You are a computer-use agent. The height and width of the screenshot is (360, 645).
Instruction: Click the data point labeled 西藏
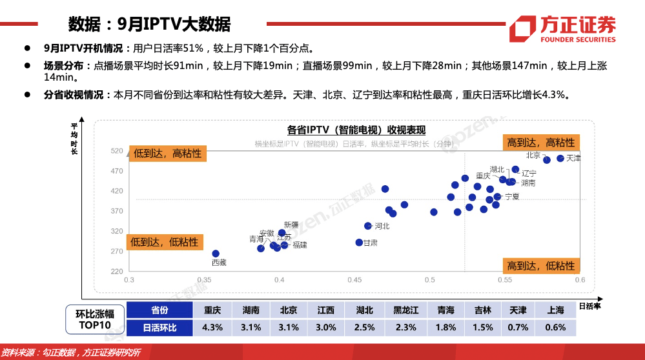(216, 254)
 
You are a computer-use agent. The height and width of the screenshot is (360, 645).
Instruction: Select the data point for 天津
(560, 158)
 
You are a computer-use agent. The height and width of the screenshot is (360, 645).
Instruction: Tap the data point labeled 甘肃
(359, 243)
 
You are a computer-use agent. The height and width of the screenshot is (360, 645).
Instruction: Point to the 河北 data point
(368, 226)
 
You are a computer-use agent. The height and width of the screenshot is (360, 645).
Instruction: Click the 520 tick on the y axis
(117, 151)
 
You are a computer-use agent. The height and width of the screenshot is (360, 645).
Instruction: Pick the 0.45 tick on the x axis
(354, 280)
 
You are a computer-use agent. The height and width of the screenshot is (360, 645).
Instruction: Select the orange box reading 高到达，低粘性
(540, 266)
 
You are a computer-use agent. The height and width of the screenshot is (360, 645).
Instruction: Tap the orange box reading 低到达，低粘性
(165, 242)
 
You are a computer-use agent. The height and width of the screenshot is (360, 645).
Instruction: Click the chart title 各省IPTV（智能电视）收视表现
(356, 130)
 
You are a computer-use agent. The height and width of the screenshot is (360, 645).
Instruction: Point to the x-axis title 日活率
(589, 306)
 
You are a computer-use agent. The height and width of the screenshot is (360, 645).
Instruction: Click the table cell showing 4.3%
(212, 327)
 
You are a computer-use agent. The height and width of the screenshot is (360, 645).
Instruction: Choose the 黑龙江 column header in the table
(405, 310)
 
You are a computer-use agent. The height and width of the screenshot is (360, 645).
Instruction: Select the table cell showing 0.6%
(555, 327)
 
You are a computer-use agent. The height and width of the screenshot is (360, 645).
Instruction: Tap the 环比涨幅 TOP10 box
(95, 319)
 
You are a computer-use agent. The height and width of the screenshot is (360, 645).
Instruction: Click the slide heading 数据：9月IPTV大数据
(149, 24)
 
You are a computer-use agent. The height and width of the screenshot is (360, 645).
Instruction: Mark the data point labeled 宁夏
(497, 196)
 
